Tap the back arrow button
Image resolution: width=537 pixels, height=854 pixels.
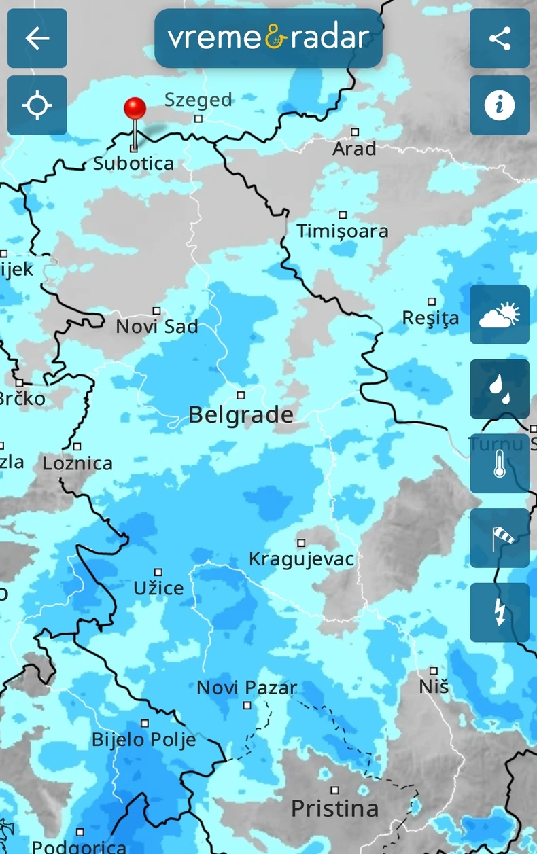click(x=37, y=38)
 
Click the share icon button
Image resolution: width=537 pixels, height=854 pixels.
click(x=500, y=38)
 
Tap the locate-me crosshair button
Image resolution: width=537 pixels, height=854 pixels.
click(x=37, y=105)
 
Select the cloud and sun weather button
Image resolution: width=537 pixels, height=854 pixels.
click(x=500, y=315)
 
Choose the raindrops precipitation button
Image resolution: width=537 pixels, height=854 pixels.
click(x=500, y=389)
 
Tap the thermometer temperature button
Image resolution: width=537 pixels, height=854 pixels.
click(x=500, y=463)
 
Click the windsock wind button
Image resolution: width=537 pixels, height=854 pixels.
click(x=500, y=537)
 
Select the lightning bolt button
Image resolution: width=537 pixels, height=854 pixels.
click(x=500, y=612)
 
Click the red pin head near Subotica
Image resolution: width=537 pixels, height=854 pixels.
click(x=135, y=108)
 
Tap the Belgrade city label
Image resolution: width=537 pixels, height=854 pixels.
click(x=241, y=414)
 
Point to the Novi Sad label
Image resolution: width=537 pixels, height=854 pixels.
click(x=157, y=326)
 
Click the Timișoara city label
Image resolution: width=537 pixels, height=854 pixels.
click(x=343, y=231)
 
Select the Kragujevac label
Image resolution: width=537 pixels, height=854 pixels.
click(x=302, y=559)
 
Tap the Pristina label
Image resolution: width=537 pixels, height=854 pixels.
click(x=334, y=808)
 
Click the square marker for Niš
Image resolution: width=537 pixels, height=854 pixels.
click(x=434, y=671)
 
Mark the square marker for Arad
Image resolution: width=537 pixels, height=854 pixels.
click(x=354, y=132)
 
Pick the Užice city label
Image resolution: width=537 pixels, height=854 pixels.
click(x=158, y=588)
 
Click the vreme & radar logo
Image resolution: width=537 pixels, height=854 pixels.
click(x=268, y=38)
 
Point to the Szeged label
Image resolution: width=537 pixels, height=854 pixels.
click(x=198, y=100)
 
